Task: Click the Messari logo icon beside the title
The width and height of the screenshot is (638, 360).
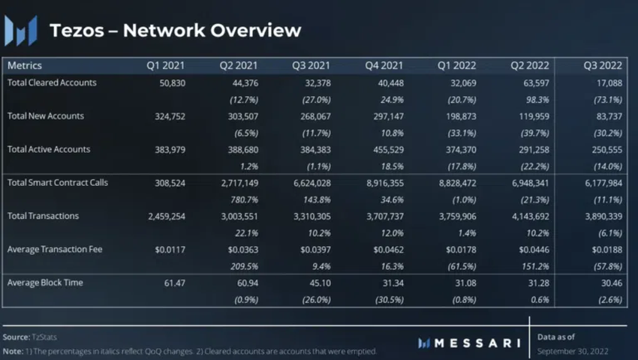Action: [20, 30]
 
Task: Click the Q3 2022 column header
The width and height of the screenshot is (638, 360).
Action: [603, 66]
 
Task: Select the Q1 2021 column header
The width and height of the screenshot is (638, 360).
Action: [165, 66]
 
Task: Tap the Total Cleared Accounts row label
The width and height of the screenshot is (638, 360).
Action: [52, 82]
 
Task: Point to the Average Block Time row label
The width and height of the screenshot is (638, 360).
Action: [45, 283]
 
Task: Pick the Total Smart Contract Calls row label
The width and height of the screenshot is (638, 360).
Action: [58, 183]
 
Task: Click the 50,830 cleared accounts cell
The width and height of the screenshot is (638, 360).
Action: [170, 83]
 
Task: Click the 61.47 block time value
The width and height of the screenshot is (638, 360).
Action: [173, 283]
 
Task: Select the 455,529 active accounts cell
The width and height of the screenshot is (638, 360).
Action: [385, 150]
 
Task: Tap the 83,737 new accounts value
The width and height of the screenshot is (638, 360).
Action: [606, 117]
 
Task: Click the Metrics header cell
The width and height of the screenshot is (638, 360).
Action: [25, 66]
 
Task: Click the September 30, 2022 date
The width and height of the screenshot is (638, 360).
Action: [573, 351]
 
